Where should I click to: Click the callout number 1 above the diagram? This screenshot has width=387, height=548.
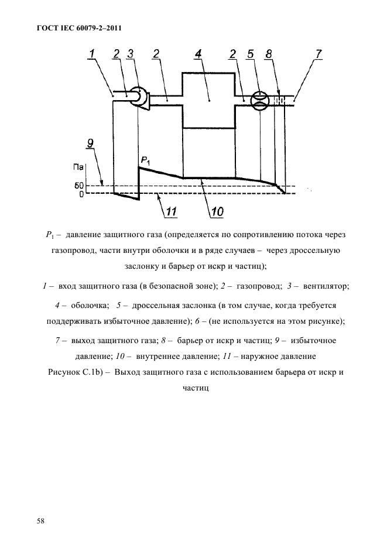[x=93, y=55]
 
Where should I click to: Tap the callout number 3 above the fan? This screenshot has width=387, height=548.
[x=131, y=55]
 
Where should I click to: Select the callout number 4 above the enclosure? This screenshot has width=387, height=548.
[x=198, y=55]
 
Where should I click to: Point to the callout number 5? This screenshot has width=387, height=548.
[x=250, y=55]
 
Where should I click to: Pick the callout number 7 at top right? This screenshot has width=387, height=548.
[x=318, y=55]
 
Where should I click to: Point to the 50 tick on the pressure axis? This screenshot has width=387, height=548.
[x=80, y=186]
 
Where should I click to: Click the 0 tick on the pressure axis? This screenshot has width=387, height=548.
[x=81, y=193]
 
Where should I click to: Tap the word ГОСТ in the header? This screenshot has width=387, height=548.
[x=37, y=28]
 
